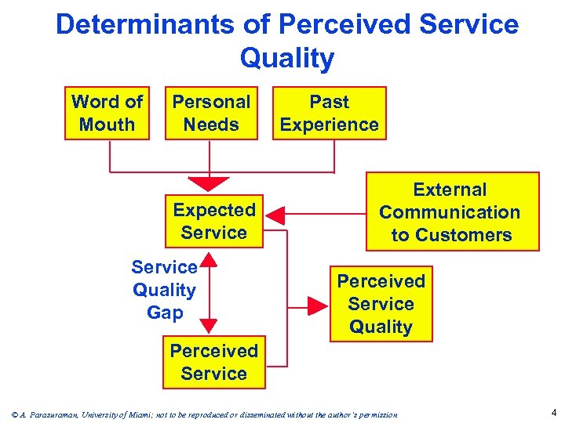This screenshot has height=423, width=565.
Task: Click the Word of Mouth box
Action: click(107, 113)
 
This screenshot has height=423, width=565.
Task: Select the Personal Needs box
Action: click(211, 113)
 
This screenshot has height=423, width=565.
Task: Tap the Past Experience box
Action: click(329, 113)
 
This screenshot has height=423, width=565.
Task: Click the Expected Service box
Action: click(213, 221)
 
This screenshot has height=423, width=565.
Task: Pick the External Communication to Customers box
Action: click(450, 211)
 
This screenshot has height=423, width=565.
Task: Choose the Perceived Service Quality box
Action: click(381, 303)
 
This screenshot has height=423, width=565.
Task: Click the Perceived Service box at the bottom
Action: click(213, 362)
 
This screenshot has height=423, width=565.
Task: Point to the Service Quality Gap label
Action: click(164, 290)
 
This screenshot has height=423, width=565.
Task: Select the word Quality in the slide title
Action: click(287, 58)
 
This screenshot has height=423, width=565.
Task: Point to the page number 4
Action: click(553, 412)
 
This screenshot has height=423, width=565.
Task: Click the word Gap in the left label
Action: click(164, 313)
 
